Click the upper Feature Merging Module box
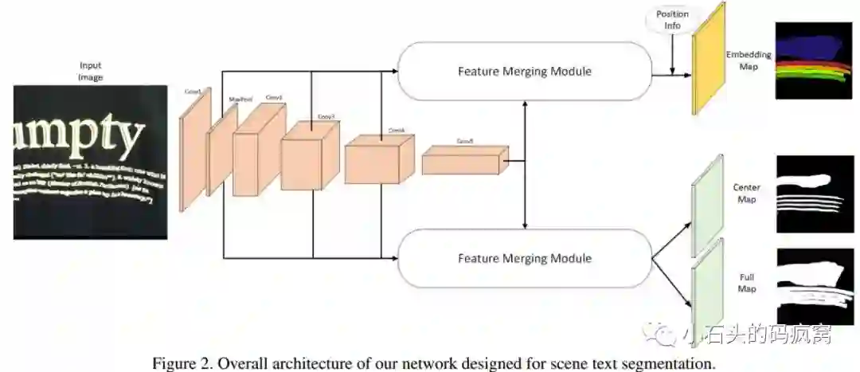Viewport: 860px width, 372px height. tap(524, 72)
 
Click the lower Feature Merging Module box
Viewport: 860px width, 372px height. tap(524, 258)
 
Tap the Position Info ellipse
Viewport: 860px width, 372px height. tap(672, 19)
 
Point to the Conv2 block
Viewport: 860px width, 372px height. tap(256, 151)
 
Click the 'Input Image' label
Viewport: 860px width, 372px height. tap(91, 71)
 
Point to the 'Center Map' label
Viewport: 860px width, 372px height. tap(746, 194)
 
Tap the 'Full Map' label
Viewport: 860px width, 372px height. tap(746, 283)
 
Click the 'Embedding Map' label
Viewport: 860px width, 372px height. tap(749, 60)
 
